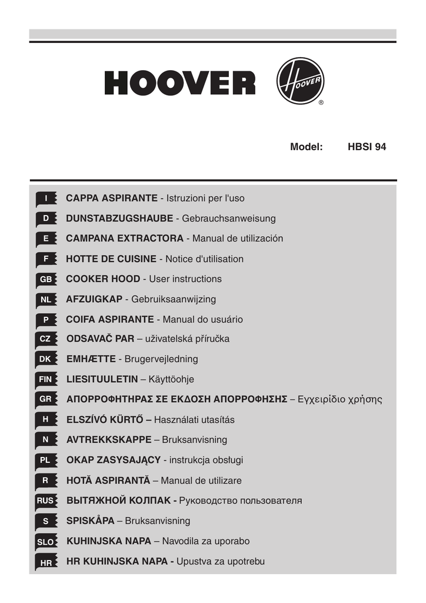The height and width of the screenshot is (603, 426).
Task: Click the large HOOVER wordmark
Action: [180, 83]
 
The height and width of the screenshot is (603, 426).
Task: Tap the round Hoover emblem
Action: [299, 81]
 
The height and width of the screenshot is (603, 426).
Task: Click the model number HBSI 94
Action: [367, 147]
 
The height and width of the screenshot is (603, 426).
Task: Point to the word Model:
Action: [307, 147]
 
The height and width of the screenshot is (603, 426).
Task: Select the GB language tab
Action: [46, 279]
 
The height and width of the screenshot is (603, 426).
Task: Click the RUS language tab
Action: [45, 501]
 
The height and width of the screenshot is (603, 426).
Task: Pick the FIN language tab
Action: [45, 379]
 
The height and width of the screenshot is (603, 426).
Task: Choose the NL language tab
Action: [46, 300]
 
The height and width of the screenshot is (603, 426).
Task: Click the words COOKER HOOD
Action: [103, 279]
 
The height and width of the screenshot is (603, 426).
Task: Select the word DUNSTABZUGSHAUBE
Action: [119, 218]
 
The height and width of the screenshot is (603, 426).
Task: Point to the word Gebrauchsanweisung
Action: [229, 218]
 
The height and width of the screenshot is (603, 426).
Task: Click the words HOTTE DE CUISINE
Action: [111, 259]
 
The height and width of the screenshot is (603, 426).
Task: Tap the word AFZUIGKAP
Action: [94, 299]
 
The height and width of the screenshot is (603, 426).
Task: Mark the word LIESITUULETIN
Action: [102, 379]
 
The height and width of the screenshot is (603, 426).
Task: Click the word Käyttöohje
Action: [171, 379]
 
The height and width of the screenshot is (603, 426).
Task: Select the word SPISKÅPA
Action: [91, 521]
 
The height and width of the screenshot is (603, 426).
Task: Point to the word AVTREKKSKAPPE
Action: [109, 440]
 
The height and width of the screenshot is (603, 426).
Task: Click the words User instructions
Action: [185, 279]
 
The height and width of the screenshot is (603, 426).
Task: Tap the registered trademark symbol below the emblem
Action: [321, 103]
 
